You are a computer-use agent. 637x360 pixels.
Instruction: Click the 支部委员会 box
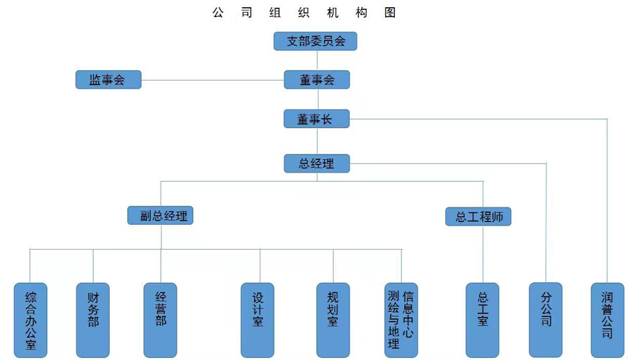click(x=315, y=41)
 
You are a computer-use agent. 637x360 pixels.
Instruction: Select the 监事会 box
click(x=108, y=80)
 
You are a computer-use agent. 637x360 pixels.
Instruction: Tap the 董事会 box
click(x=317, y=80)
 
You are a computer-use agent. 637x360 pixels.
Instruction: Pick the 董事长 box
click(x=317, y=119)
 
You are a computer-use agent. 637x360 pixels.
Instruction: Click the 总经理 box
click(x=317, y=163)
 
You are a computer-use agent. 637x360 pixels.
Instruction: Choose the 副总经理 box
click(x=161, y=215)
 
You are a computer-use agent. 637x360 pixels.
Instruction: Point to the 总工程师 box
click(x=478, y=216)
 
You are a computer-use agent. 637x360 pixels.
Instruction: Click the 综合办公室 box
click(x=30, y=320)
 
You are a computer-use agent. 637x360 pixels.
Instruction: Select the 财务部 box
click(x=93, y=320)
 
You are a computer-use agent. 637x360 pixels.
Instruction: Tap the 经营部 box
click(x=161, y=320)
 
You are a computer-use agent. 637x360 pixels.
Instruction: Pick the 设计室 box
click(x=258, y=320)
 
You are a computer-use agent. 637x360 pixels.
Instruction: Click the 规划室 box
click(x=333, y=320)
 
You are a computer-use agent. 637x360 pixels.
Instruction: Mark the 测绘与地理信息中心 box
click(x=401, y=320)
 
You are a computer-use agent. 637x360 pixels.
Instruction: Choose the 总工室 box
click(x=482, y=320)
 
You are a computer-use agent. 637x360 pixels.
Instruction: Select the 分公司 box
click(x=546, y=320)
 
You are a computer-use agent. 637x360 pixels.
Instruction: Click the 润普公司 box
click(x=607, y=320)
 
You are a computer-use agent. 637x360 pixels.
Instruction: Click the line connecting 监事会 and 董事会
click(x=212, y=80)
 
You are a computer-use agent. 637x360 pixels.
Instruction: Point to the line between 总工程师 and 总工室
click(x=483, y=255)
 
